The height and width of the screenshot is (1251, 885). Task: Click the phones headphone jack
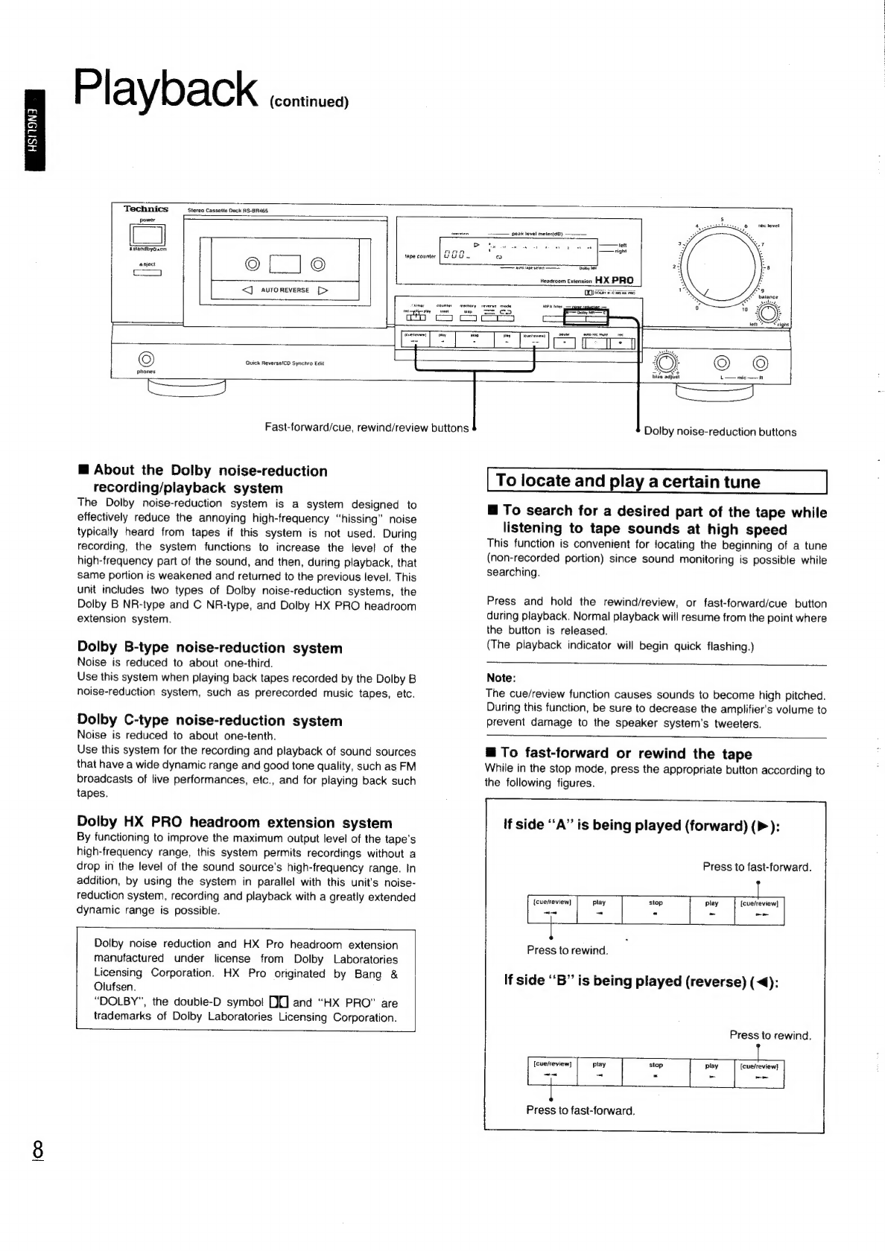click(147, 357)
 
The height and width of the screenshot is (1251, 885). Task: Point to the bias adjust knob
click(666, 363)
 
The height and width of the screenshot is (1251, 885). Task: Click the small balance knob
click(768, 312)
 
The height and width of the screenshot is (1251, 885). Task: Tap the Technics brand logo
click(146, 209)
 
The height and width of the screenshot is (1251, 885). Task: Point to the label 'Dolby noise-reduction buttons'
click(720, 432)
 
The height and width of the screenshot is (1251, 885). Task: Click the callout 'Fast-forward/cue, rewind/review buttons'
click(367, 427)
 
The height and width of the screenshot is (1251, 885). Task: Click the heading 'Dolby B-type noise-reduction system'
click(210, 648)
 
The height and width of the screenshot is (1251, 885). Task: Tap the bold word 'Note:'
click(501, 678)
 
